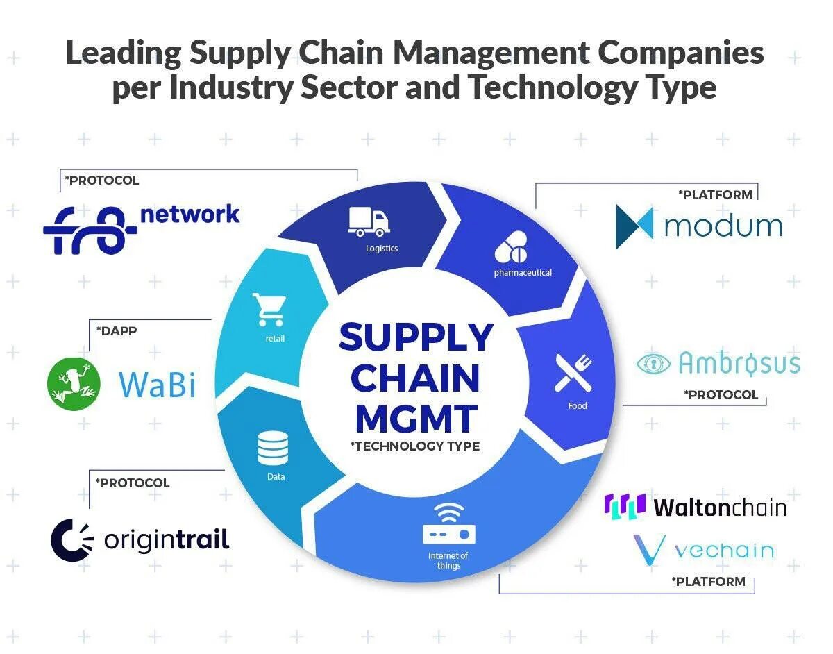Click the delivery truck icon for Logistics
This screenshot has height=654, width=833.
(369, 221)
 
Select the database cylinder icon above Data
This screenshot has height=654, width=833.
(273, 448)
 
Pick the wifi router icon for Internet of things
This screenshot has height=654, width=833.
(449, 525)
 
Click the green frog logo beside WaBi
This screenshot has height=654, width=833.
(74, 383)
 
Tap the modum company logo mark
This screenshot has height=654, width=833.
(634, 227)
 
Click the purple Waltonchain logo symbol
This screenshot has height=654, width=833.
(625, 506)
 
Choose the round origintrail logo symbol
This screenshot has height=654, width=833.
(72, 539)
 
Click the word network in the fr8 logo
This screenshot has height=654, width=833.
(190, 214)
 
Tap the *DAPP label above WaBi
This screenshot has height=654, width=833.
(116, 331)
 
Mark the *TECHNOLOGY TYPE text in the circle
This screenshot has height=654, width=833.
(415, 446)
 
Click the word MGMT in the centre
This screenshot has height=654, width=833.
(415, 418)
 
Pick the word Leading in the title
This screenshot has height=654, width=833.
(124, 54)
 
